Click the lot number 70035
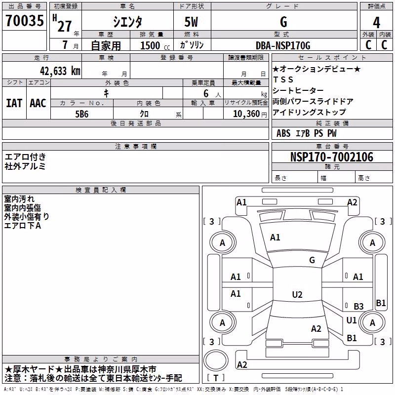[24, 20]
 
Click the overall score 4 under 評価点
[376, 22]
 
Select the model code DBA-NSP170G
[283, 45]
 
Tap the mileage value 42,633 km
[60, 71]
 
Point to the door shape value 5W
[191, 22]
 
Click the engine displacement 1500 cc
[155, 45]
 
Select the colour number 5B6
[82, 114]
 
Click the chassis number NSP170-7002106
[332, 157]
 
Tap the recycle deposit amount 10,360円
[250, 114]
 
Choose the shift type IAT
[14, 103]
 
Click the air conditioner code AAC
[38, 103]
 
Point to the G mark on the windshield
[312, 260]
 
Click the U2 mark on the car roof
[297, 294]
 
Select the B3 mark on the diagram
[358, 306]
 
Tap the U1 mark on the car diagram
[351, 320]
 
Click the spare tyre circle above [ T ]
[216, 360]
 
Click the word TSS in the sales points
[283, 79]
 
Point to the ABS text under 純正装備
[283, 133]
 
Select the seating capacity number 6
[206, 93]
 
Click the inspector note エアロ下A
[22, 226]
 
